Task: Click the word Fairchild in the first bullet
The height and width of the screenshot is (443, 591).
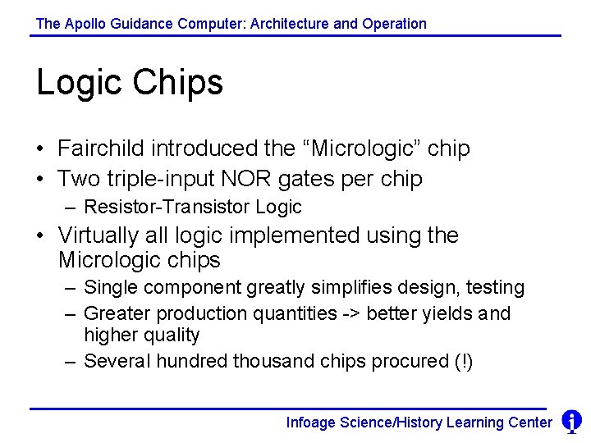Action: [x=101, y=148]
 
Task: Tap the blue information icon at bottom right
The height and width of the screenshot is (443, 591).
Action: [x=571, y=422]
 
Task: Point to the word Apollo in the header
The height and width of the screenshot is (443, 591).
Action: [x=85, y=24]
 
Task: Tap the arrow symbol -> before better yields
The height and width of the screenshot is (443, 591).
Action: [x=354, y=313]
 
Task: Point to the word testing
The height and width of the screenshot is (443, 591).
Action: [x=495, y=288]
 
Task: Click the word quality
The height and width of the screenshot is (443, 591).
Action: [x=172, y=336]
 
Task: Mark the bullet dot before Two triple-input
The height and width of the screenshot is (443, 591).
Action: [x=40, y=180]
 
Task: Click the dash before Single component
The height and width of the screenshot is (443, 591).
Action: [x=69, y=289]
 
